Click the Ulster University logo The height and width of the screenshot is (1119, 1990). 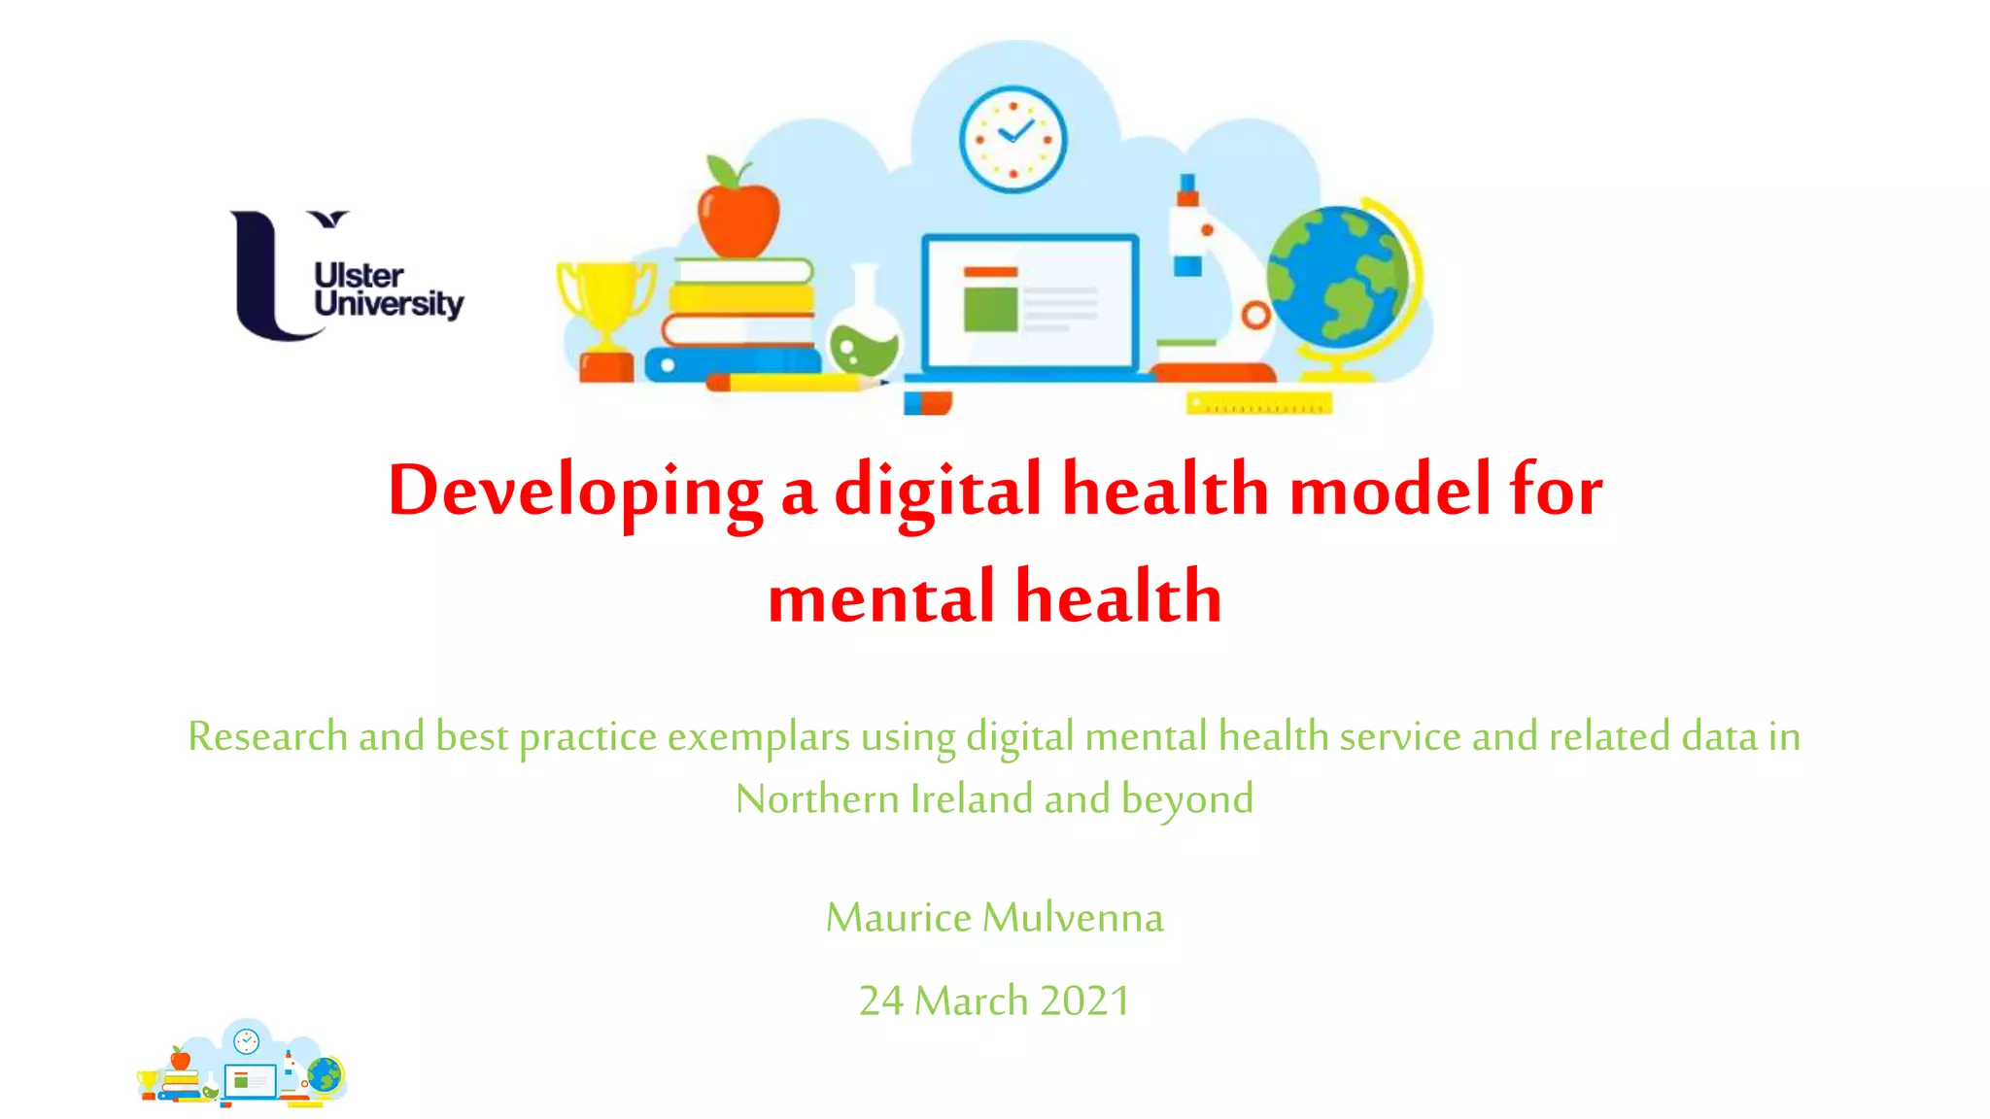(x=345, y=276)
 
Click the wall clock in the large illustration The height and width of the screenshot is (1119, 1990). (x=1012, y=139)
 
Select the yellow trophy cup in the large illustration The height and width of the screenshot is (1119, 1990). (x=605, y=301)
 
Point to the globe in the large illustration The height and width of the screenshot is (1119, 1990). (x=1339, y=277)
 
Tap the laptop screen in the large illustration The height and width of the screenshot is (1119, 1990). (x=1029, y=301)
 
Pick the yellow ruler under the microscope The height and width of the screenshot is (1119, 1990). (x=1259, y=403)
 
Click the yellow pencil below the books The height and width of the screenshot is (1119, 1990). (x=797, y=383)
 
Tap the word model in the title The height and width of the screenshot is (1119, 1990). (x=1390, y=491)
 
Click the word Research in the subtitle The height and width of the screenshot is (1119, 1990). (x=267, y=736)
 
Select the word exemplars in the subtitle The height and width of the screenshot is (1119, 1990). (x=758, y=736)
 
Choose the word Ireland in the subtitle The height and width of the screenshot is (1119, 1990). (x=972, y=799)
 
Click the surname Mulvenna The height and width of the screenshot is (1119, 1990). (x=1073, y=918)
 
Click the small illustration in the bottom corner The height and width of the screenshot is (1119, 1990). (x=242, y=1064)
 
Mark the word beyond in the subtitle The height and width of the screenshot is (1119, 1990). (x=1187, y=799)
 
